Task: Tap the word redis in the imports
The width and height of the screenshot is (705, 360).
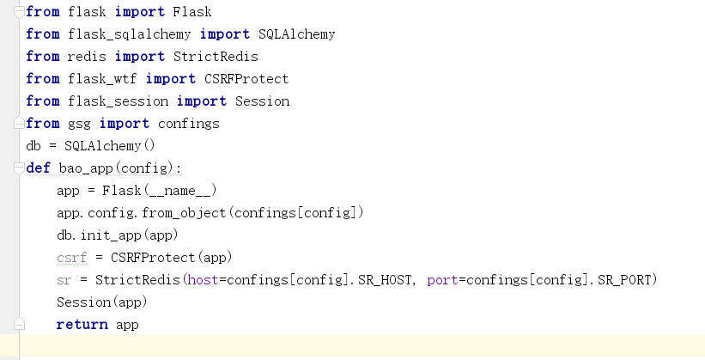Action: point(87,57)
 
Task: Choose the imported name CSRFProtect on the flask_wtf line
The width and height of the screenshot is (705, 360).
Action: point(246,79)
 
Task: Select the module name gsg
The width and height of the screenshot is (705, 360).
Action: point(79,124)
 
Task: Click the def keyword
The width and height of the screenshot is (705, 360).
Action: point(38,168)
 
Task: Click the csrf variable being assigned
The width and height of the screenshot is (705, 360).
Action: point(71,258)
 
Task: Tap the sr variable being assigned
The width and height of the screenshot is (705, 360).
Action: point(64,280)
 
